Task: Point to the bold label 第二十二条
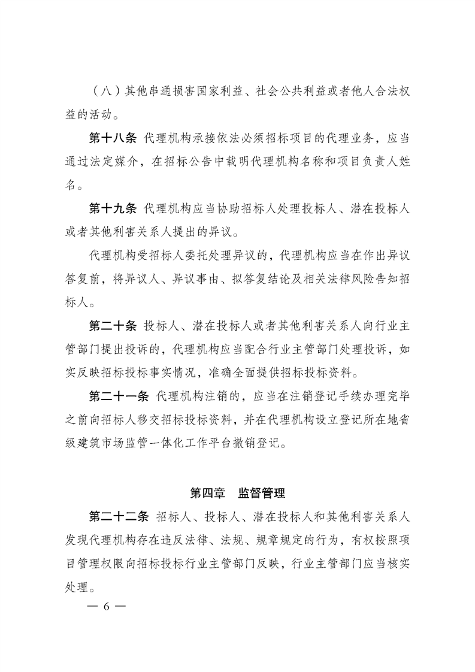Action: point(119,516)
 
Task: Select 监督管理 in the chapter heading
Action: point(261,494)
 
